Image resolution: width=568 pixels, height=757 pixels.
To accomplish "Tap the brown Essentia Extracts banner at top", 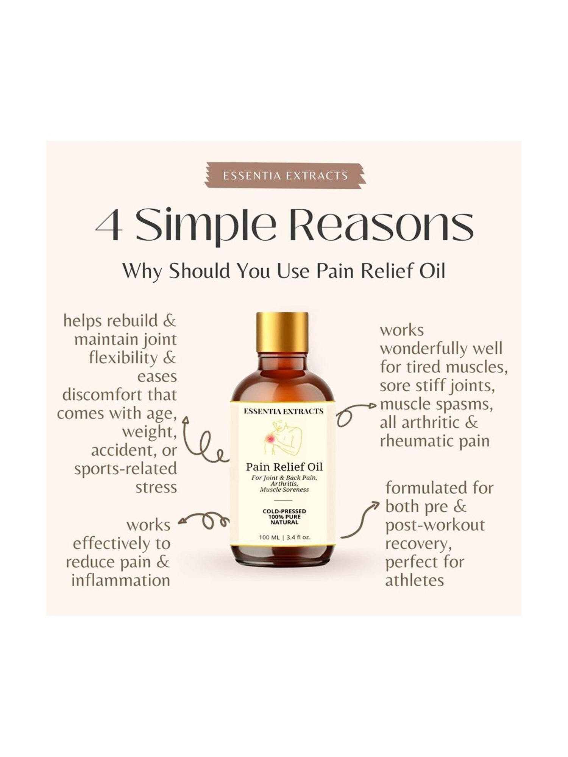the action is tap(285, 175).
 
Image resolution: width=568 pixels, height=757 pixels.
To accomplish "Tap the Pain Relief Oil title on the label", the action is tap(284, 466).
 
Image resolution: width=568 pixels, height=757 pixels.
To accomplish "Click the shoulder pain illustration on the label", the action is tap(282, 439).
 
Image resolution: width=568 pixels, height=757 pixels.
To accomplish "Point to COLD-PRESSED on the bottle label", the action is tap(284, 511).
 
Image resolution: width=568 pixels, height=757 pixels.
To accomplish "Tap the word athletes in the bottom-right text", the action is tap(414, 580).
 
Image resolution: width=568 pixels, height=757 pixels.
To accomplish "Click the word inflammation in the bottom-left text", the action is tap(121, 580).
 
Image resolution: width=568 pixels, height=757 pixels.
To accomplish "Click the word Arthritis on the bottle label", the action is tap(284, 484).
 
